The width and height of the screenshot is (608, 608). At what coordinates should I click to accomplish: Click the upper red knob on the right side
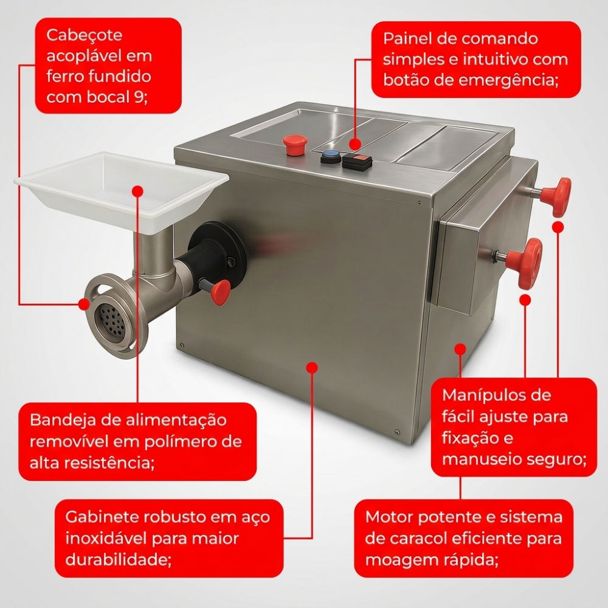point(558,196)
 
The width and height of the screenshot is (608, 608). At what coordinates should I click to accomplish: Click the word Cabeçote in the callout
point(85,36)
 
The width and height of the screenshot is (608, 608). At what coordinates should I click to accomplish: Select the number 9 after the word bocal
point(138,97)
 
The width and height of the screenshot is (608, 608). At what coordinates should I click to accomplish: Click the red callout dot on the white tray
point(137,191)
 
